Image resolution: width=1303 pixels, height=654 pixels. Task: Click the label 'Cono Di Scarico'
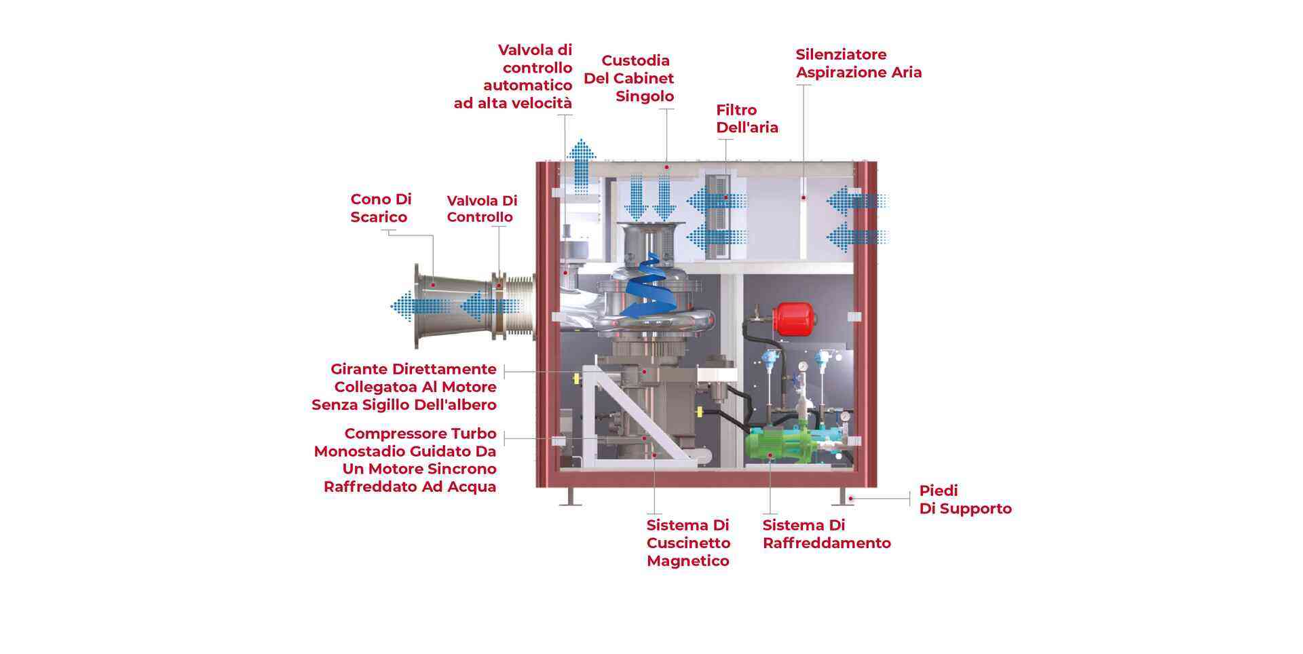click(381, 208)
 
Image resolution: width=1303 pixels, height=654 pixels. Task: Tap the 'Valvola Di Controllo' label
click(482, 209)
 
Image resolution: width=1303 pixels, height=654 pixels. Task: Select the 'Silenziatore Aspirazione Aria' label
click(858, 63)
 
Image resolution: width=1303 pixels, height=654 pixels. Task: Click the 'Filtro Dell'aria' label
click(747, 119)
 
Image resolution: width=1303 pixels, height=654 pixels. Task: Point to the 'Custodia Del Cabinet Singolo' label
click(628, 79)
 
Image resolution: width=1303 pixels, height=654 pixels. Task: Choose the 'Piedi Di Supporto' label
click(965, 499)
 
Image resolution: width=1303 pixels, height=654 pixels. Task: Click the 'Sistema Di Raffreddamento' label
click(826, 534)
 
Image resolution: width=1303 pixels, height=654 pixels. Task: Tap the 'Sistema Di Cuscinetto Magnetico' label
click(688, 543)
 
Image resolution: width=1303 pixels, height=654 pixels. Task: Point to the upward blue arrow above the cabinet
click(581, 166)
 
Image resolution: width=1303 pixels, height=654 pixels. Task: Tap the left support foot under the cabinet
click(570, 497)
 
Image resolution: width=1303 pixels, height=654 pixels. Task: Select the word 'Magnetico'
click(687, 561)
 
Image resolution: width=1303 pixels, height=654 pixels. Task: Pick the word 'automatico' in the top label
click(527, 85)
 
